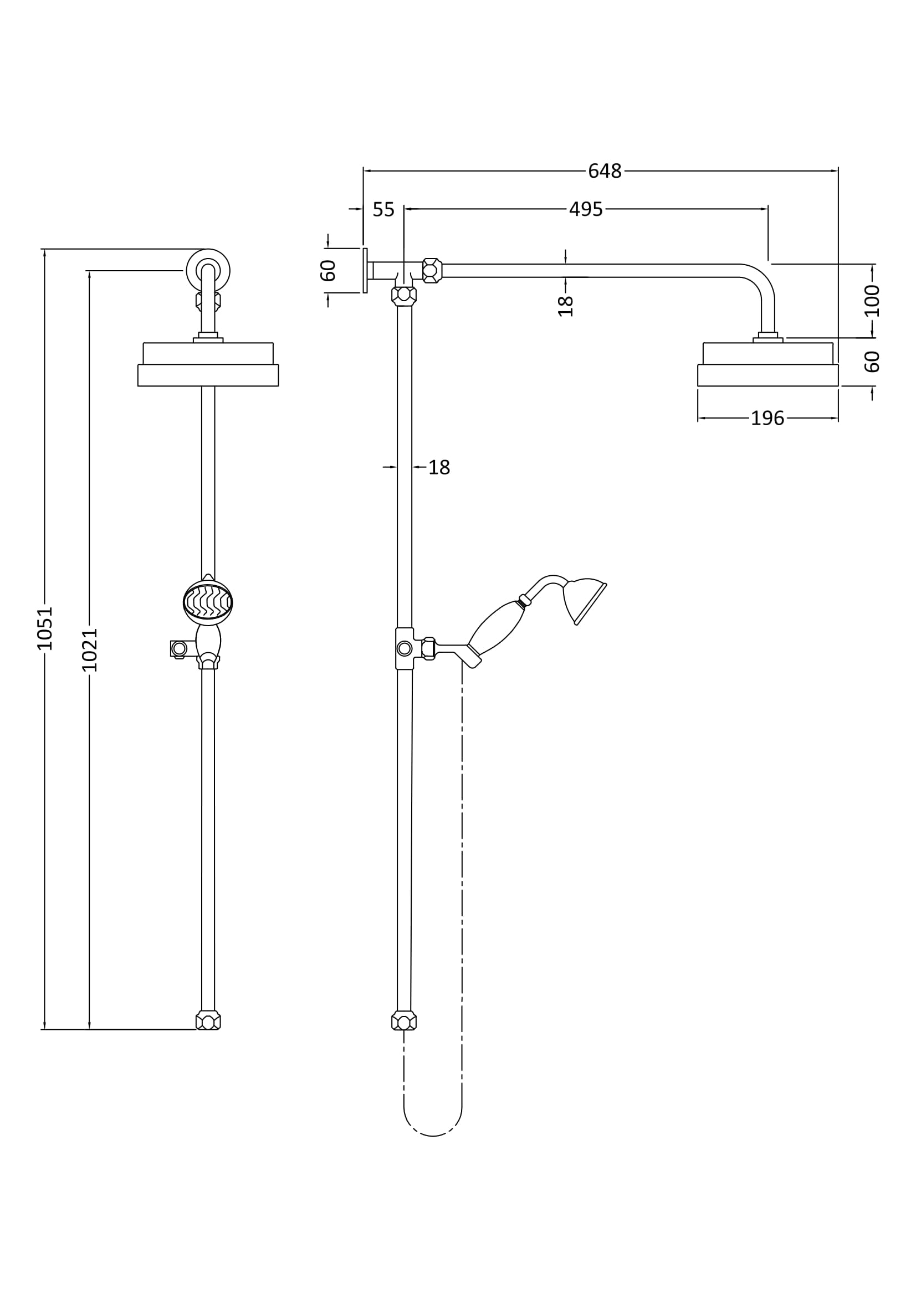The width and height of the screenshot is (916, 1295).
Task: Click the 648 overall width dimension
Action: pos(605,171)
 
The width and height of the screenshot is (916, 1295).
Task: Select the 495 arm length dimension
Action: pos(586,209)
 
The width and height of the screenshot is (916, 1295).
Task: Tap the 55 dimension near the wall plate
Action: pos(383,210)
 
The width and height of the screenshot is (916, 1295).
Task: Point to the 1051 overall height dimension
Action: pos(44,628)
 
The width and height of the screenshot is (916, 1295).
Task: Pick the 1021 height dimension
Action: pos(90,650)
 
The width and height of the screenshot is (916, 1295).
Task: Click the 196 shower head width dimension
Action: pos(767,419)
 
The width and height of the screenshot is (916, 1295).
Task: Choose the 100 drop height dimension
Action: pos(872,301)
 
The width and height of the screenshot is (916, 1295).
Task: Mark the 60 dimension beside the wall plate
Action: pos(328,271)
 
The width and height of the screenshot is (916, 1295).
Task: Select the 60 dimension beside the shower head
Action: pos(872,362)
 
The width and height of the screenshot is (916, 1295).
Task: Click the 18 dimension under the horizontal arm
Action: pos(566,306)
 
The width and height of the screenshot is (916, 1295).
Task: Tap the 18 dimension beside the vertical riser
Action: pos(439,468)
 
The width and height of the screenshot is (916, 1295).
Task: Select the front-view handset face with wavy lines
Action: pos(208,602)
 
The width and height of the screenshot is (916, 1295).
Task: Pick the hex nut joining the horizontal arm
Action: pos(432,271)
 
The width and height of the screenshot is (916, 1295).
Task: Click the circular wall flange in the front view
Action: pos(208,270)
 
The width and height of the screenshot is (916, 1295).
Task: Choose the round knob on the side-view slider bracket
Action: pos(405,649)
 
